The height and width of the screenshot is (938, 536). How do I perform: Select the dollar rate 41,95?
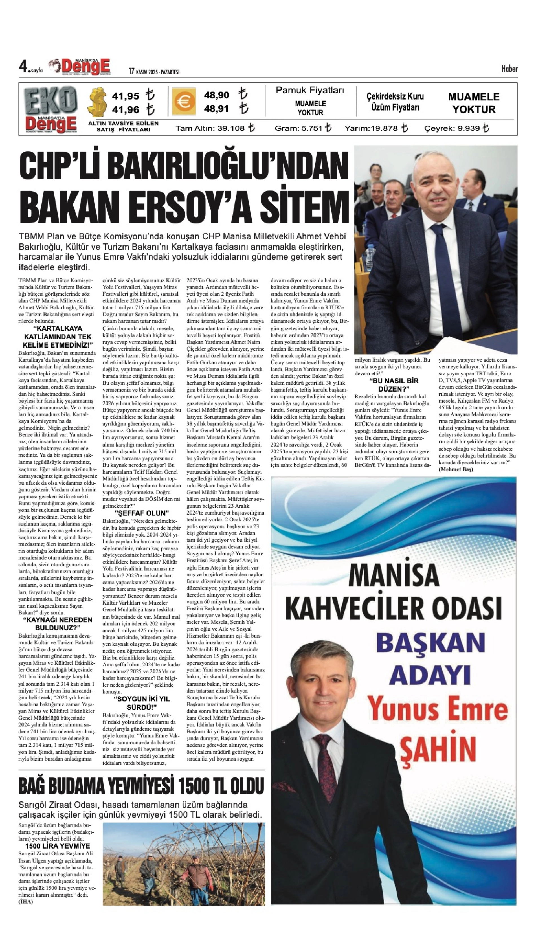pyautogui.click(x=126, y=96)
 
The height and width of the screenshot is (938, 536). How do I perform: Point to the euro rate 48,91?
pyautogui.click(x=216, y=109)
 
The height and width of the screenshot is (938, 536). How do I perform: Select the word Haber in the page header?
pyautogui.click(x=509, y=69)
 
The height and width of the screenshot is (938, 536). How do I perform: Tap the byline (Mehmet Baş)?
pyautogui.click(x=456, y=469)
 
